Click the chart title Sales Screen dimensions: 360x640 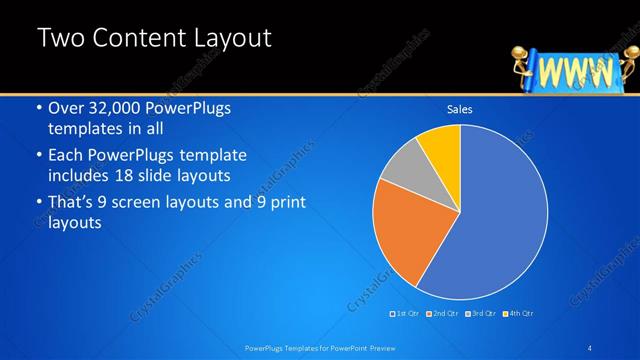tap(460, 110)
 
